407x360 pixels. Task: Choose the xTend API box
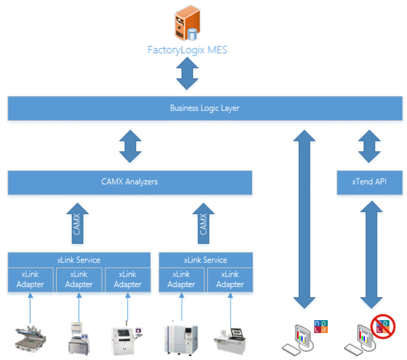369,182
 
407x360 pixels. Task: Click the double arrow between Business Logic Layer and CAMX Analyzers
129,147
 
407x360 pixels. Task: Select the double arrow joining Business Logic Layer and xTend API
369,147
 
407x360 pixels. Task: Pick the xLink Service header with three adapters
79,260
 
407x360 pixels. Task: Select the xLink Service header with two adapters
206,260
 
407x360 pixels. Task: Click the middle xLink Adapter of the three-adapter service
79,280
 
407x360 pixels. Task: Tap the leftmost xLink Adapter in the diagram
30,280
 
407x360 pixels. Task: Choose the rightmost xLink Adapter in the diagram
230,280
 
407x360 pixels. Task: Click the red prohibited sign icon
385,328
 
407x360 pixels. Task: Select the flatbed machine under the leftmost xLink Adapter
31,337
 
